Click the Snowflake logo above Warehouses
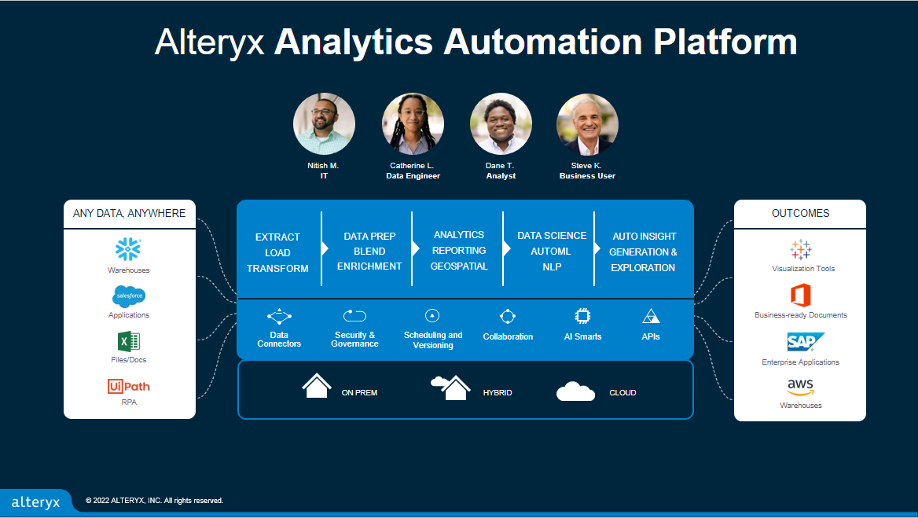128,249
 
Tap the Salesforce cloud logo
128,296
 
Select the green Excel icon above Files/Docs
128,341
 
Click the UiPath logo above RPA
128,386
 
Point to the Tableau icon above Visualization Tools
800,249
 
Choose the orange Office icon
800,296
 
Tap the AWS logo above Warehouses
800,388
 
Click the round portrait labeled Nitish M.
324,124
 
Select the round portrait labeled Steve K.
587,124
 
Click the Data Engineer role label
413,176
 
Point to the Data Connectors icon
279,318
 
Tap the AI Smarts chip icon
582,316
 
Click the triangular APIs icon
651,316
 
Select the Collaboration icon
508,316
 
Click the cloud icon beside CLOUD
575,391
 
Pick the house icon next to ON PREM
317,386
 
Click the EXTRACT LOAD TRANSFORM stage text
277,252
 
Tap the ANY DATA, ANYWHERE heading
130,213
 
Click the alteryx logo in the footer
35,502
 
